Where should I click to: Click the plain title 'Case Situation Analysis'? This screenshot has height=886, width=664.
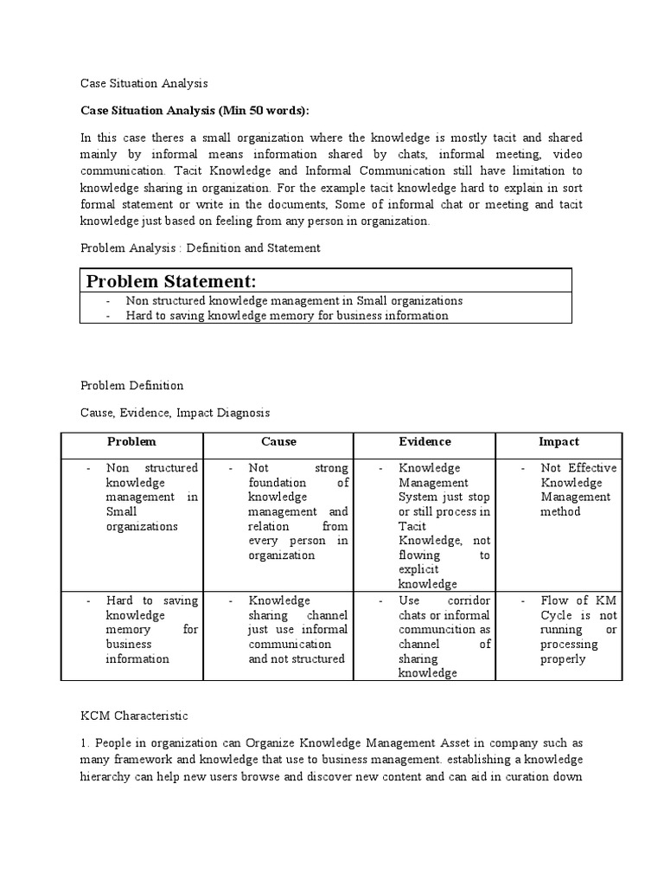(144, 84)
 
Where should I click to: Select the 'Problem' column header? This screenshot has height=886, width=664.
(131, 441)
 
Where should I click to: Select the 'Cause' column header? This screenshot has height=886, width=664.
(278, 441)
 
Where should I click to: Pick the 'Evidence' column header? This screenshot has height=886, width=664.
(425, 441)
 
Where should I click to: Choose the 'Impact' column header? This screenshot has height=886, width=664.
(559, 441)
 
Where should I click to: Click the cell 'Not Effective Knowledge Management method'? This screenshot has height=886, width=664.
(575, 490)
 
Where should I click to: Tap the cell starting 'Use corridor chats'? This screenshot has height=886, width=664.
(444, 636)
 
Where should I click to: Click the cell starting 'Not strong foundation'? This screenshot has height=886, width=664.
(297, 511)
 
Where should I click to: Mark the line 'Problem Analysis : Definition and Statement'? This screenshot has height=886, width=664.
(201, 247)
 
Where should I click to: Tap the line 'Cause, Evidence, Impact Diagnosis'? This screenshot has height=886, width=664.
(176, 413)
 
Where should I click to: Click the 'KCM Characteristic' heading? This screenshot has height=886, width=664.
(133, 716)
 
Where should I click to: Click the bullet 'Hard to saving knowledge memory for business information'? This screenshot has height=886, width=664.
(287, 316)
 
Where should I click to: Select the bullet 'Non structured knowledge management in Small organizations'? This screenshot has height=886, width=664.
(294, 301)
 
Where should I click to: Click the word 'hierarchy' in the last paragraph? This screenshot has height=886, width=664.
(109, 775)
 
